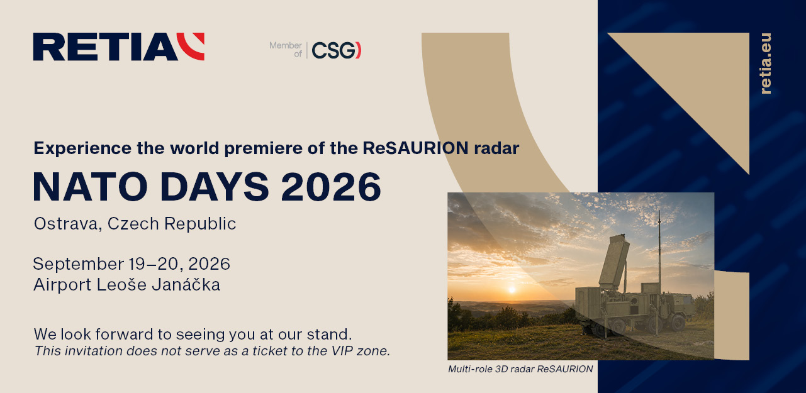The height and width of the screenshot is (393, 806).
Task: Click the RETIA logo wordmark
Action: tap(106, 47)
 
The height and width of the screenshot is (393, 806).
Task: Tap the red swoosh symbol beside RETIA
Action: tap(193, 46)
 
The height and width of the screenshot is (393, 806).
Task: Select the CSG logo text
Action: tap(337, 50)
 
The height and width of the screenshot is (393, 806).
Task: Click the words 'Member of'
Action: tap(286, 50)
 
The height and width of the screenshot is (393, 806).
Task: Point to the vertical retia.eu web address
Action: tap(766, 64)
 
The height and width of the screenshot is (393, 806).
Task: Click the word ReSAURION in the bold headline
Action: tap(415, 148)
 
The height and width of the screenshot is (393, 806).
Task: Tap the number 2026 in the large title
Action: tap(331, 187)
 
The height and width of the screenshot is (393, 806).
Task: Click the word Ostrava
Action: tap(66, 224)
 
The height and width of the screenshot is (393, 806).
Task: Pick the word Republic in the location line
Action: tap(200, 224)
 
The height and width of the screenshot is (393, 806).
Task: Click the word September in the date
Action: tap(79, 264)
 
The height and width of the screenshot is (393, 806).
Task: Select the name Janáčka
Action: tap(186, 284)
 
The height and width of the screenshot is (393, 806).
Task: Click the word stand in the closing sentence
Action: tap(329, 335)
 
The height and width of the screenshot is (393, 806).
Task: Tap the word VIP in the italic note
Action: tap(342, 351)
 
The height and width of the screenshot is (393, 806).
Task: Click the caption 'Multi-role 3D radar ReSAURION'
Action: tap(520, 369)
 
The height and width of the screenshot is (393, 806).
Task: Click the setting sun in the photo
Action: tap(512, 289)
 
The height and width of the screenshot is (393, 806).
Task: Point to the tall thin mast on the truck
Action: tap(659, 252)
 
